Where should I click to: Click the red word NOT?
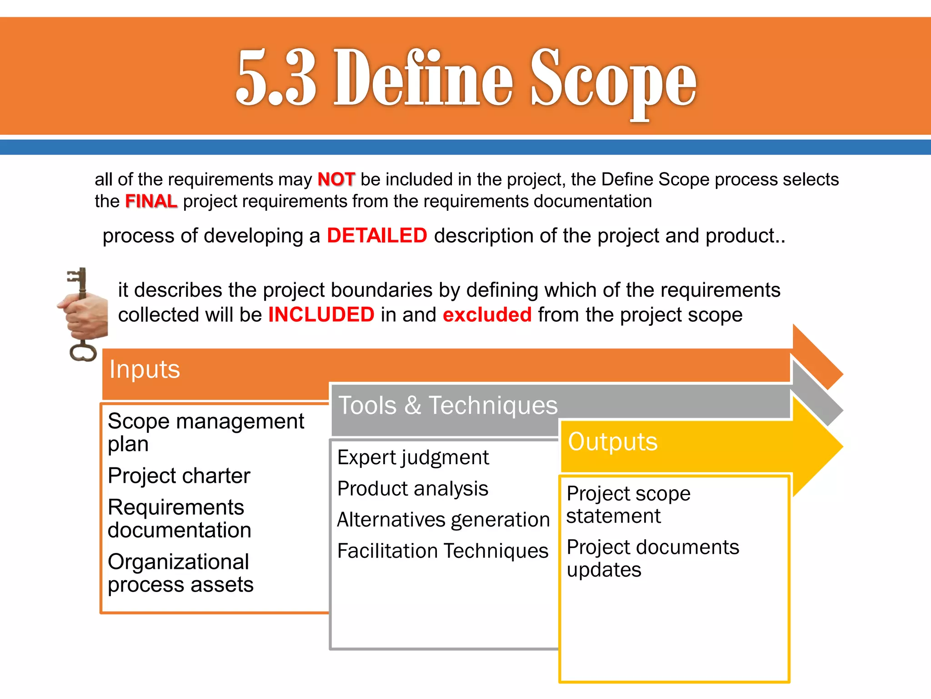coord(336,179)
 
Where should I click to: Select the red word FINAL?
coord(150,201)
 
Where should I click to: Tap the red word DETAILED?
coord(377,236)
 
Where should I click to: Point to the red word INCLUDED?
coord(321,315)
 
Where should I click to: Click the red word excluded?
coord(487,315)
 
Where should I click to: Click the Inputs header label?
coord(145,369)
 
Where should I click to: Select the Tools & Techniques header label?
coord(448,405)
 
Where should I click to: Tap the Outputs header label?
coord(612,441)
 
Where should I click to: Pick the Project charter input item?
coord(179,476)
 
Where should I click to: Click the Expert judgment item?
coord(413,457)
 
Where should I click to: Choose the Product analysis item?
coord(412,489)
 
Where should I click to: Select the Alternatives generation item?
coord(443,520)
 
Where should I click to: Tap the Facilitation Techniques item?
coord(442,551)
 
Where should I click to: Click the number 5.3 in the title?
coord(276,77)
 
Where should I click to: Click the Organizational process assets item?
coord(180,573)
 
